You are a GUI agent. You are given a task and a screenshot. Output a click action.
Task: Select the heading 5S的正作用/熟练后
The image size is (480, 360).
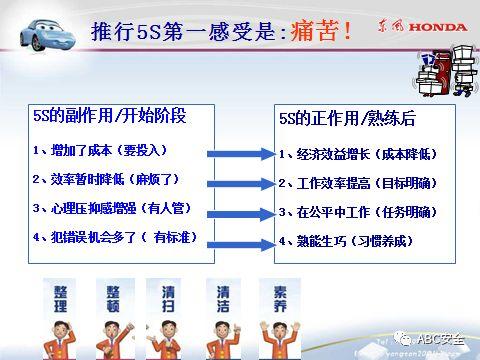(346, 117)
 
